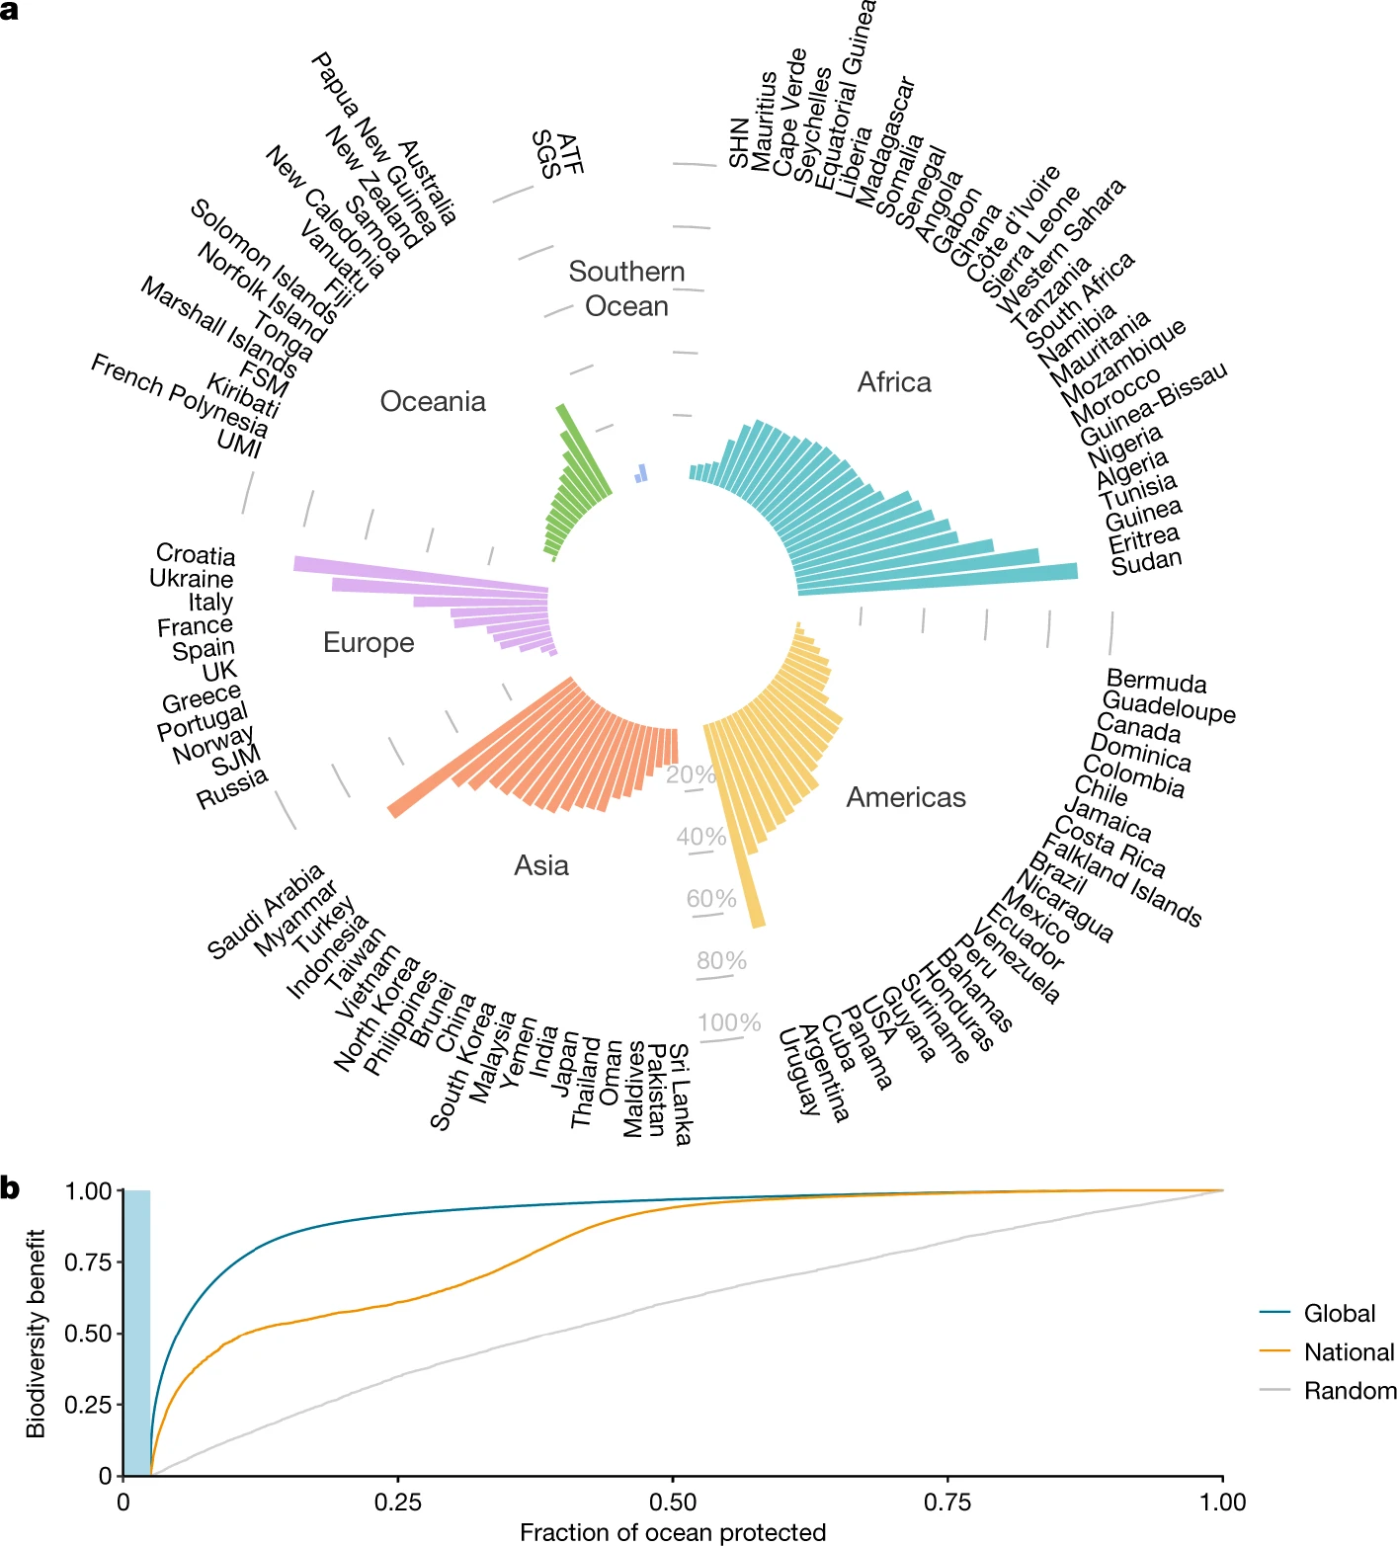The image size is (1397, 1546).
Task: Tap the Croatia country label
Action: click(196, 555)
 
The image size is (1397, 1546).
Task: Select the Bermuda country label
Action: click(1156, 682)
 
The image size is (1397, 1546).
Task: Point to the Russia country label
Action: click(232, 788)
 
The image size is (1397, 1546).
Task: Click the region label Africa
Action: click(894, 382)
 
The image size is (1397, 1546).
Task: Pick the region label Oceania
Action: click(433, 401)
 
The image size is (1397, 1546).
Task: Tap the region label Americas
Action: click(906, 797)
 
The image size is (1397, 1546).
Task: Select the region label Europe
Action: click(369, 643)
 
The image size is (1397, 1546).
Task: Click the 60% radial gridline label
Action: click(711, 899)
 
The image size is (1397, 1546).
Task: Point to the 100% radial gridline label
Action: click(729, 1022)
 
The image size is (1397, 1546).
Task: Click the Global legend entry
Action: click(1339, 1314)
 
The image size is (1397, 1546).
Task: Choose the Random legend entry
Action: click(1350, 1391)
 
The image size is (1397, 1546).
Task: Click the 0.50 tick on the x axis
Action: click(673, 1503)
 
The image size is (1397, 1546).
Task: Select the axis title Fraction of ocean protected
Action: click(673, 1532)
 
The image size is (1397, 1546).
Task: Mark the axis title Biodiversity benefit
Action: click(37, 1333)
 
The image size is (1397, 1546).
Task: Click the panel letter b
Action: click(11, 1188)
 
